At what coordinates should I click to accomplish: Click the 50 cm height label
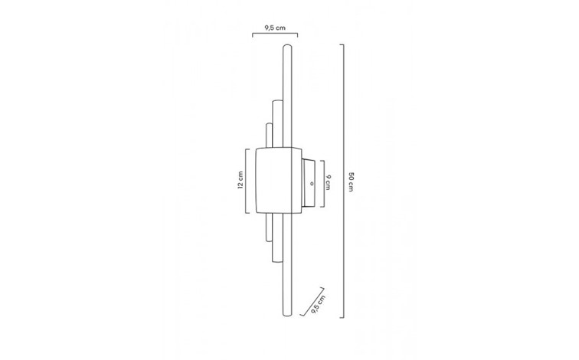(351, 182)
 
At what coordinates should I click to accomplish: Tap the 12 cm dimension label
(240, 180)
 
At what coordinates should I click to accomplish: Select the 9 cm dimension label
(328, 182)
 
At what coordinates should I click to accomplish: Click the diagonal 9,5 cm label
(319, 304)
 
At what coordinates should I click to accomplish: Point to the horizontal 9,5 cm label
(275, 28)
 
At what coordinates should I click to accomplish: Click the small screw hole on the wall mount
(312, 183)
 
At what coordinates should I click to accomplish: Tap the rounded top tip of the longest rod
(287, 46)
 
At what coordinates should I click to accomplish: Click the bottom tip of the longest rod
(287, 316)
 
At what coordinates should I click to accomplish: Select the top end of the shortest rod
(269, 124)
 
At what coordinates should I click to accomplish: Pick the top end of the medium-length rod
(276, 101)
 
